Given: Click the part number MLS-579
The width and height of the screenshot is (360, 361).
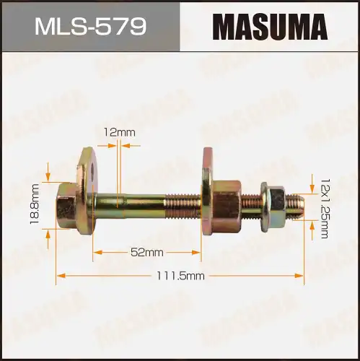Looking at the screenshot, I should pos(90,26).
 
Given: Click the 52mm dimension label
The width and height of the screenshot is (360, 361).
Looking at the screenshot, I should pos(147,252).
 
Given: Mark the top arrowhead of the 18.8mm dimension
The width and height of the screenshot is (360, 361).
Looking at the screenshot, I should pos(48,176).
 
